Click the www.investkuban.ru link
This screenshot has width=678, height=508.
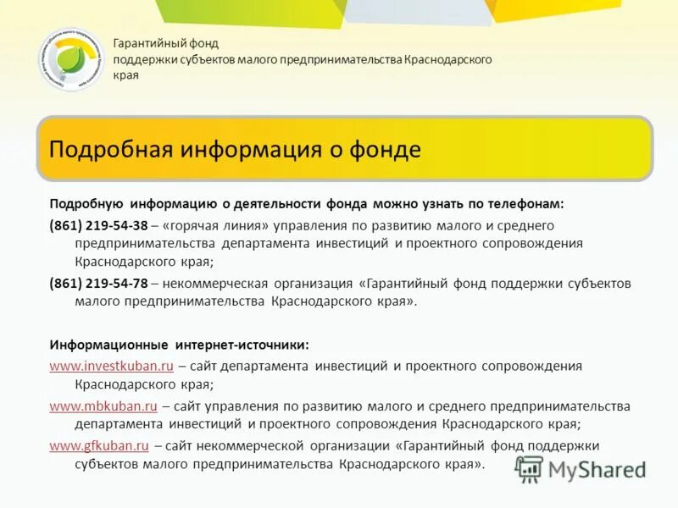tap(111, 366)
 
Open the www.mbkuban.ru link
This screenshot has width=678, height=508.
tap(103, 406)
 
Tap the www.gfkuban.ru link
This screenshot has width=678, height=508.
tap(99, 444)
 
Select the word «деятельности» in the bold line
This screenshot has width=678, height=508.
tap(281, 204)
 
